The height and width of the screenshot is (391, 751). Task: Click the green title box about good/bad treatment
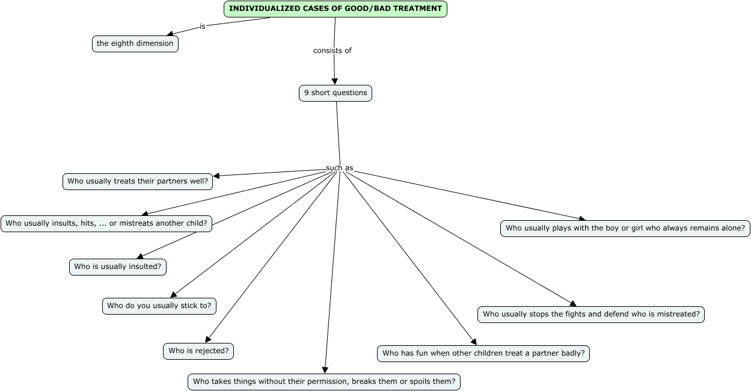pos(336,8)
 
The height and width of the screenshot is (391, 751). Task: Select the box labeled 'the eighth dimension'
pos(135,43)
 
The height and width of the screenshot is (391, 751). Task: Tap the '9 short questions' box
pos(336,93)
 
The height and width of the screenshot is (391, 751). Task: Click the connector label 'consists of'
pos(333,51)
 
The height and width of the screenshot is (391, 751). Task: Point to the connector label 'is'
pos(202,26)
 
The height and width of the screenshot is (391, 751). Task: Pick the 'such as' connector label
pos(339,168)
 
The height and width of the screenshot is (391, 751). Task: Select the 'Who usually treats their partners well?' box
pos(138,182)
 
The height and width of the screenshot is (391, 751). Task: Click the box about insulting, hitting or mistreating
pos(106,224)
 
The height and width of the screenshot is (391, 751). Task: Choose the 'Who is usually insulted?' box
pos(118,267)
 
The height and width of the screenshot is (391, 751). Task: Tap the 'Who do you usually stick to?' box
pos(159,306)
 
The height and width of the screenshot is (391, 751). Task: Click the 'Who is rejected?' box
pos(198,351)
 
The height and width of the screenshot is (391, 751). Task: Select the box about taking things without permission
pos(324,382)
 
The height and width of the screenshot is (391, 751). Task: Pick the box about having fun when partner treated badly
pos(483,354)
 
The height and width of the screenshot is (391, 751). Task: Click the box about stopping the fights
pos(590,315)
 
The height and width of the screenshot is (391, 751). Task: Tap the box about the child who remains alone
pos(625,229)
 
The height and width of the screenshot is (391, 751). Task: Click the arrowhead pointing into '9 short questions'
pos(334,81)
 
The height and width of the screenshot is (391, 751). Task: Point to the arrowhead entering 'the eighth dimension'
pos(170,33)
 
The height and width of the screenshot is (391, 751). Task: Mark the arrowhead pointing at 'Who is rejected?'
pos(208,339)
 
